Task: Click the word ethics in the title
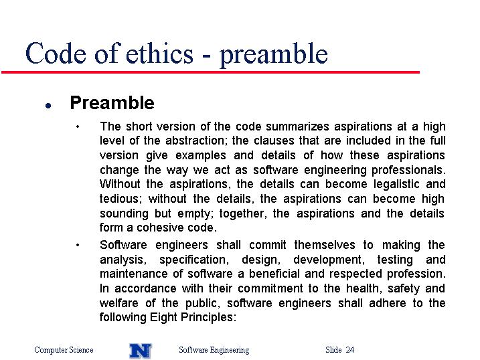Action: [x=159, y=54]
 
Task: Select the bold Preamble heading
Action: [x=112, y=102]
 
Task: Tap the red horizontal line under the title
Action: [x=210, y=72]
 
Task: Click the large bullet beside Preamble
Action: [x=48, y=106]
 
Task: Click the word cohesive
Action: [x=159, y=228]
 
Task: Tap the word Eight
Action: [x=163, y=317]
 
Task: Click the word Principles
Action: [x=208, y=317]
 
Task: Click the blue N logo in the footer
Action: [x=140, y=351]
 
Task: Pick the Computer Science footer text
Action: [x=64, y=350]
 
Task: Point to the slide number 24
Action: [x=350, y=349]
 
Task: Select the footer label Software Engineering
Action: [x=214, y=350]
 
